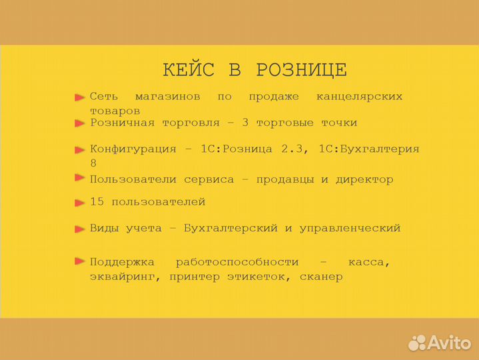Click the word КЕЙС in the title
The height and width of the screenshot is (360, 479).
[x=189, y=70]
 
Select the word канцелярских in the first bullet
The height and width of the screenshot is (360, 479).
[x=359, y=97]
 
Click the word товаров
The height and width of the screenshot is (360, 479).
[x=115, y=111]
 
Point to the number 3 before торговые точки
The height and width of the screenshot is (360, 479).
[x=246, y=123]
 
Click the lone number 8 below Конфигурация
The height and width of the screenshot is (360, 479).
[x=93, y=163]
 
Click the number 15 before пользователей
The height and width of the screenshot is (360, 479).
[x=97, y=201]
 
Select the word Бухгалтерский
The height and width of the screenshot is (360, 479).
[x=230, y=228]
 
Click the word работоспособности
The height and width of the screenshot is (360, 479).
[x=237, y=262]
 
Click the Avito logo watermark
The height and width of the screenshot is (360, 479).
[x=440, y=342]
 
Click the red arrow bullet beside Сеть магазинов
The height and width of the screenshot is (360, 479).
[x=80, y=97]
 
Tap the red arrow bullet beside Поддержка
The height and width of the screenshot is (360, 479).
[x=80, y=261]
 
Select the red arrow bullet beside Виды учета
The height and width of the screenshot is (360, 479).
[x=80, y=228]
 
